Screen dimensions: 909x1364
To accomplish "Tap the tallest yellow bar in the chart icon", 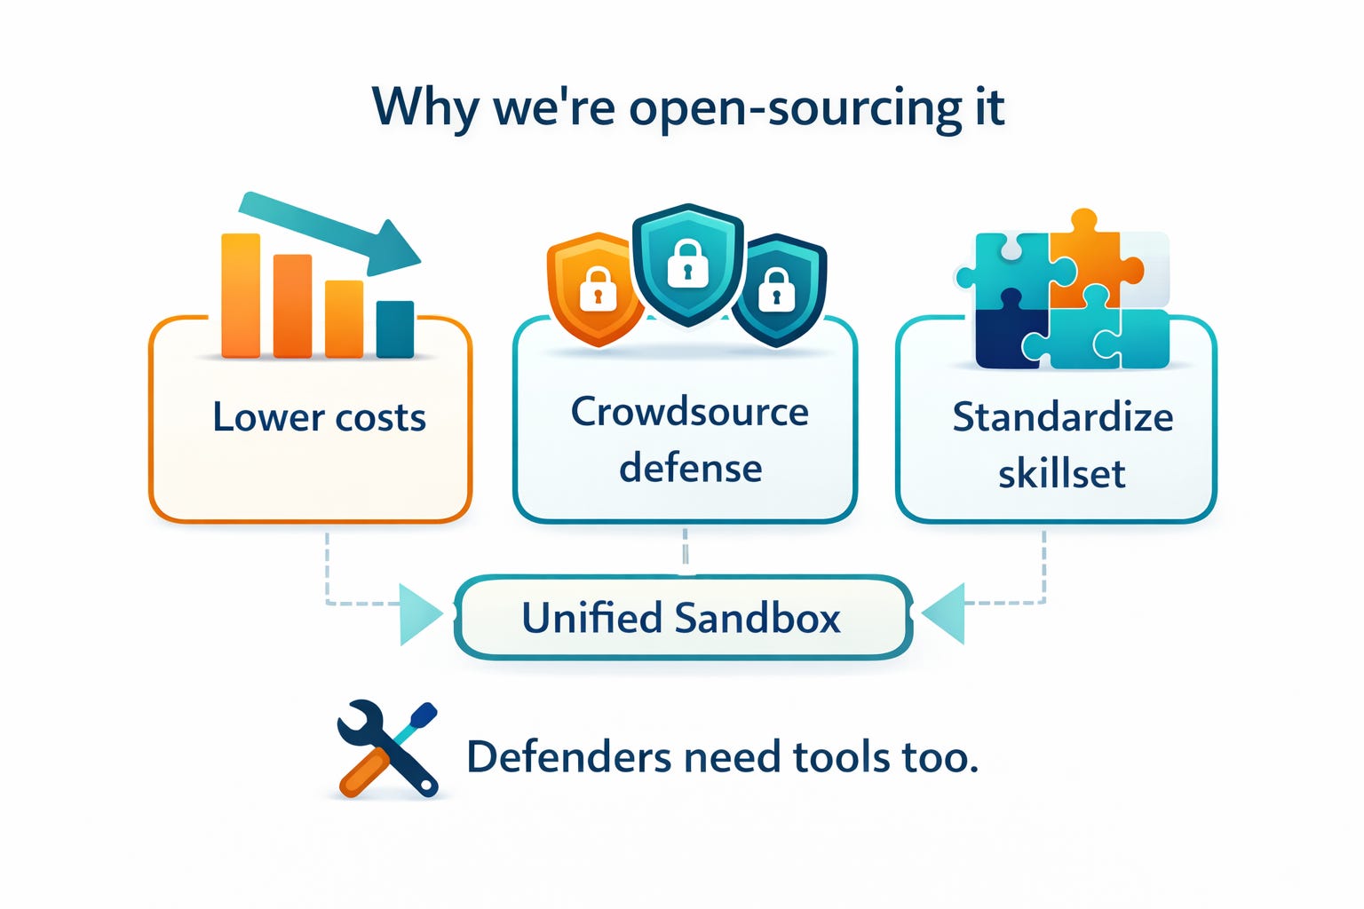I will coord(241,296).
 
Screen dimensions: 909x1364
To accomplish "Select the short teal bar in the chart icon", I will coord(395,328).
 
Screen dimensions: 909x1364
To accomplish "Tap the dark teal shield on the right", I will coord(779,288).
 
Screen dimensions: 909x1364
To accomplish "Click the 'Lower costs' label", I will coord(320,417).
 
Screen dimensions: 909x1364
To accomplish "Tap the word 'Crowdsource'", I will coord(689,412).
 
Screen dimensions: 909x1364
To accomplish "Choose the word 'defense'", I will coord(690,468).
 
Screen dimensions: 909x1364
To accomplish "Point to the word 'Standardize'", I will coord(1063,417).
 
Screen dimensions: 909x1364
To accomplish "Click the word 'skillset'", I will coord(1061,473).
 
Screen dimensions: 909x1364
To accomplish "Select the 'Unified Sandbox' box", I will coord(682,618).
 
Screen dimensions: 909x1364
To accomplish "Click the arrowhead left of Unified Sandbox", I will coord(418,613).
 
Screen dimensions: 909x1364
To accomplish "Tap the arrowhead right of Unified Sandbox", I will coord(945,613).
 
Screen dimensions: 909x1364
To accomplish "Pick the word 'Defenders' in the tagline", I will coord(569,757).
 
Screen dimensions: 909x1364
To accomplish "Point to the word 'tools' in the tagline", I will coord(842,757).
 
